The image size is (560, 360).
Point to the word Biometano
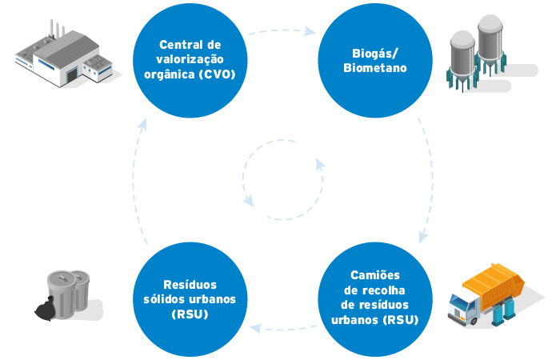point(375,68)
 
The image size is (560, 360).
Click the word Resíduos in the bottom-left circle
point(190,284)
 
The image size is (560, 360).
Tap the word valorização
point(190,60)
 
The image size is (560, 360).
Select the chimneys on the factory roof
point(58,29)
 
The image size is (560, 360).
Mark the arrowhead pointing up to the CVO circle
point(141,122)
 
